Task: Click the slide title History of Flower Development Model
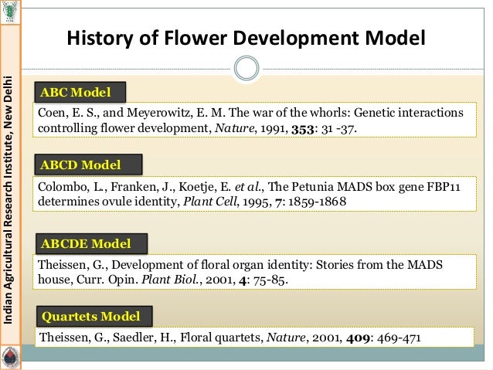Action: click(x=246, y=38)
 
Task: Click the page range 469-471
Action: click(x=394, y=338)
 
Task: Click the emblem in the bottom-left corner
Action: click(x=11, y=358)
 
